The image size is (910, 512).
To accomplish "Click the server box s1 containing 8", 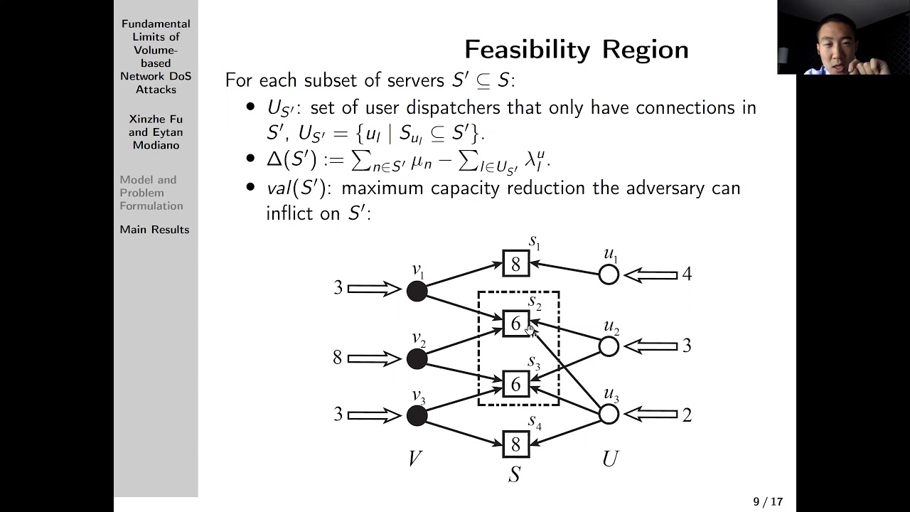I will [516, 264].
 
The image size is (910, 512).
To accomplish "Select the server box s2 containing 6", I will [516, 324].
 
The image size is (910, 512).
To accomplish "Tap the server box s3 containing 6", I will [516, 384].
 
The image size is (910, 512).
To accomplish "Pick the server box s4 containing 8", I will [516, 444].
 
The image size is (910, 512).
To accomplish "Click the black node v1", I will [417, 290].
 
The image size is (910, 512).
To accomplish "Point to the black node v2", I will [417, 359].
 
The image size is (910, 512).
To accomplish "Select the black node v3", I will [417, 415].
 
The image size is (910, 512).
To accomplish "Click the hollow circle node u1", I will [609, 274].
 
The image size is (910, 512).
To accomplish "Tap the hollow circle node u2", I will [609, 346].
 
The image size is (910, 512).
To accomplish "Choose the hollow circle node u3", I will [609, 414].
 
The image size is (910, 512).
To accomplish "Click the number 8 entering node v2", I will [337, 358].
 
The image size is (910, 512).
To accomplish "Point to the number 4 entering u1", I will [687, 274].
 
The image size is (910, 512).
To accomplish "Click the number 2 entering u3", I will [687, 415].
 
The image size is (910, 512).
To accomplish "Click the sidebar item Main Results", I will [154, 230].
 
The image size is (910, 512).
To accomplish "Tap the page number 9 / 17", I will [768, 502].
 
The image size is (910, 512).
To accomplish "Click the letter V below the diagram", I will [416, 459].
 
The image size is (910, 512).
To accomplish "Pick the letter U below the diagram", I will [609, 459].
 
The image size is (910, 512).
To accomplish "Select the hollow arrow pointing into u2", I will [651, 346].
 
